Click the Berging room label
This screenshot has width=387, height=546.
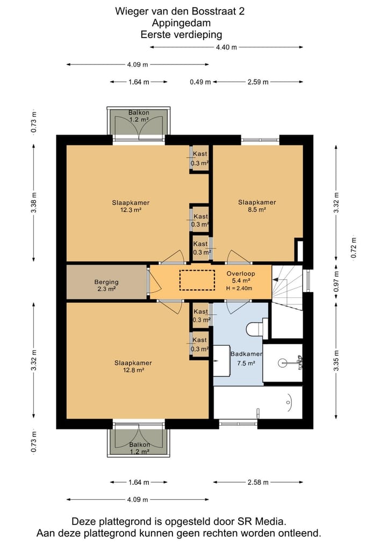(x=106, y=282)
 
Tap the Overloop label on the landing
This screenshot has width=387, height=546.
(x=241, y=274)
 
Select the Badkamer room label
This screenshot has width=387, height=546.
(x=247, y=354)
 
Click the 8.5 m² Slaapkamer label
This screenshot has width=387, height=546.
(x=257, y=202)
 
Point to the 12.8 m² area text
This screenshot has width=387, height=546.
(x=133, y=370)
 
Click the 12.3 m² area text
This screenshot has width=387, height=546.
(x=131, y=210)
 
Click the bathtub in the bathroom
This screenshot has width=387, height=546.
(x=258, y=402)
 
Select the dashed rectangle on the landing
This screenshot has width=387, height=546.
(x=197, y=280)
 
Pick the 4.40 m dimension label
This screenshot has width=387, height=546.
(x=226, y=47)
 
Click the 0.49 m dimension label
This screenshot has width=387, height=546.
(x=200, y=82)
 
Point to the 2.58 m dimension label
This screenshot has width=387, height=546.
(x=258, y=482)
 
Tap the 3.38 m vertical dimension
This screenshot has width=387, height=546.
(x=34, y=202)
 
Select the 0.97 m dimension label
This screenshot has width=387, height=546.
(x=336, y=282)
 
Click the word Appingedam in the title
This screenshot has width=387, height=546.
(x=181, y=23)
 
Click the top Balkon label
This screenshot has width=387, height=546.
(x=139, y=112)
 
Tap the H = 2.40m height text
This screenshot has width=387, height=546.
(x=239, y=288)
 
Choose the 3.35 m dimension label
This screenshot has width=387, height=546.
(x=336, y=361)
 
